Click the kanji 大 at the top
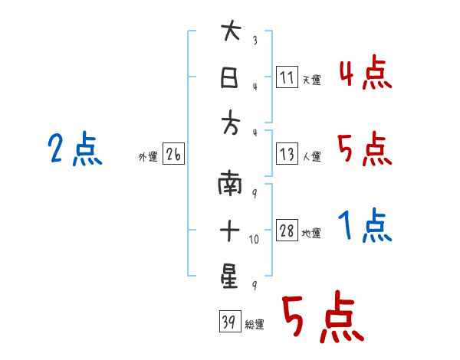click(x=230, y=33)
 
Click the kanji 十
click(x=230, y=229)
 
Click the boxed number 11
click(x=287, y=77)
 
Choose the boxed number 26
click(x=173, y=155)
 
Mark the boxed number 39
click(x=228, y=322)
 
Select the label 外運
click(x=147, y=157)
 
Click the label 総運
click(x=255, y=325)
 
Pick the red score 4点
click(x=365, y=74)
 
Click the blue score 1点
click(x=365, y=226)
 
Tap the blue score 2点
click(x=75, y=149)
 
